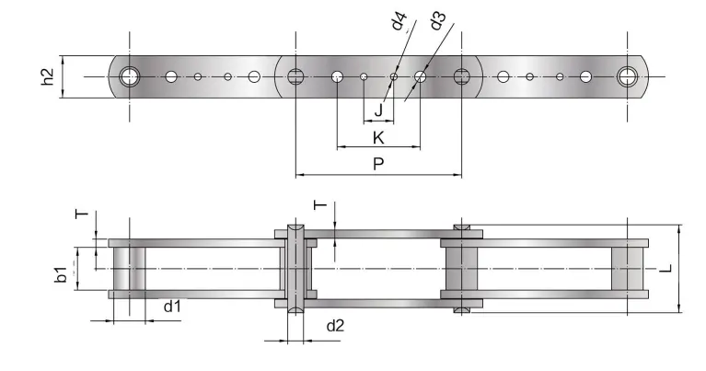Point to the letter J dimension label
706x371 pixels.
pos(378,110)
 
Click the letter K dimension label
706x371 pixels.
pos(377,138)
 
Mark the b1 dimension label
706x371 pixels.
pos(60,273)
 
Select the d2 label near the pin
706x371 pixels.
pos(336,324)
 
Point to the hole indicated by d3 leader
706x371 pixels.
pos(420,76)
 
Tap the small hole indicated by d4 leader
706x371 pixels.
pos(393,76)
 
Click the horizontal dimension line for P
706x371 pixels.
pos(378,175)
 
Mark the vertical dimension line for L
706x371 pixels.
pos(678,269)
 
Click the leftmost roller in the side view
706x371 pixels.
pos(130,269)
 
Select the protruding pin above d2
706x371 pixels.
pos(295,231)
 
